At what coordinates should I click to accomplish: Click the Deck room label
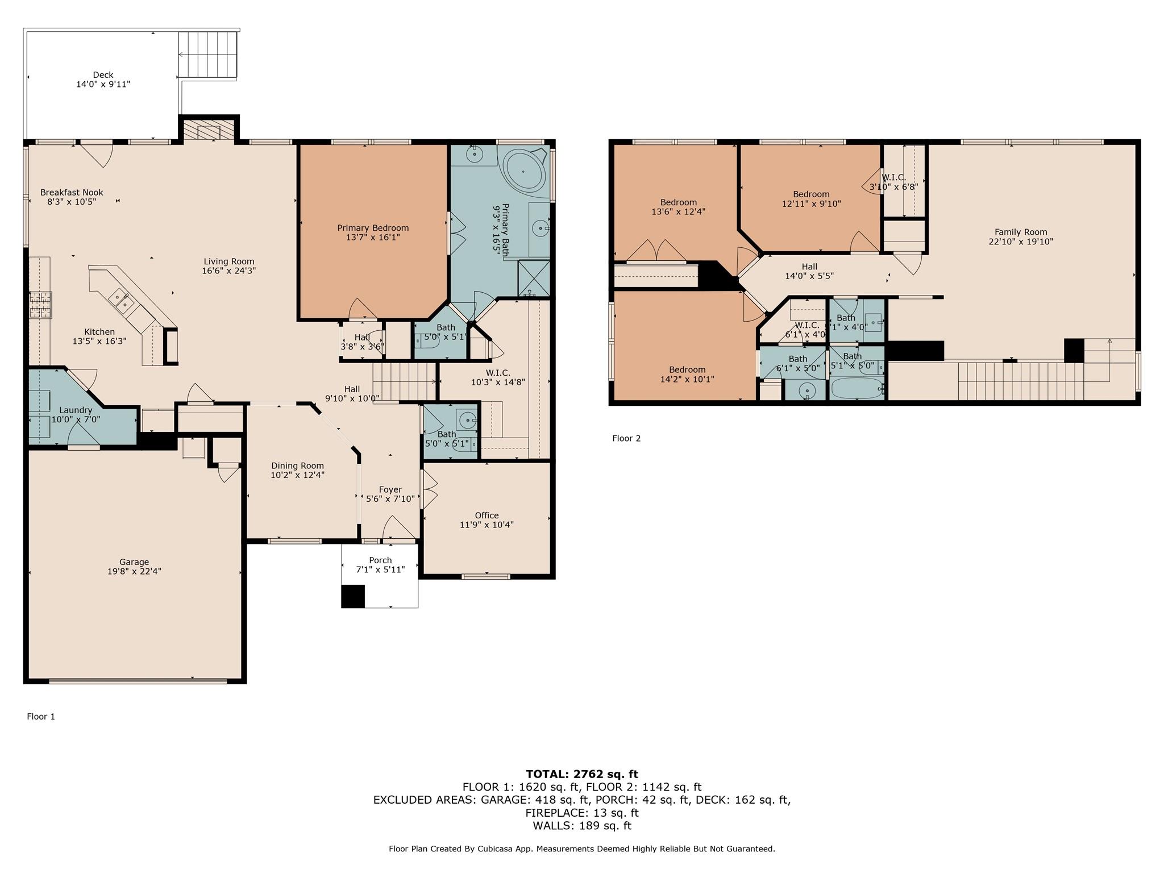click(103, 75)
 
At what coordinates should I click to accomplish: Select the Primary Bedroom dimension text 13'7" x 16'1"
click(373, 238)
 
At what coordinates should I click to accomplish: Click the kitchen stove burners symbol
click(40, 304)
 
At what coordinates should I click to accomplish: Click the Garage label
click(134, 562)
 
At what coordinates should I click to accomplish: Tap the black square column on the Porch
click(352, 596)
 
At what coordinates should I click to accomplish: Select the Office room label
click(487, 516)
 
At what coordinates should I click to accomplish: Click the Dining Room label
click(297, 466)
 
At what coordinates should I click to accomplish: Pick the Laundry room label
click(76, 410)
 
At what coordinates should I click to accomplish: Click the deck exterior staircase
click(207, 55)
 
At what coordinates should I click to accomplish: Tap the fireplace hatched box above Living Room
click(209, 130)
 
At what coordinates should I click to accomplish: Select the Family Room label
click(1020, 232)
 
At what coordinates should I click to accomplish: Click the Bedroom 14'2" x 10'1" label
click(687, 369)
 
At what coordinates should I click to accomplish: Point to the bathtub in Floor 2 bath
click(856, 389)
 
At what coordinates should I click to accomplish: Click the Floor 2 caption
click(626, 438)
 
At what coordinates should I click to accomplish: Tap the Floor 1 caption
click(41, 717)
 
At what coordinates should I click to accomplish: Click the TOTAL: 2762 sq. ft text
click(581, 774)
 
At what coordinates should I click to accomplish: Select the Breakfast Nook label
click(72, 193)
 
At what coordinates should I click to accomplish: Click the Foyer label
click(390, 490)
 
